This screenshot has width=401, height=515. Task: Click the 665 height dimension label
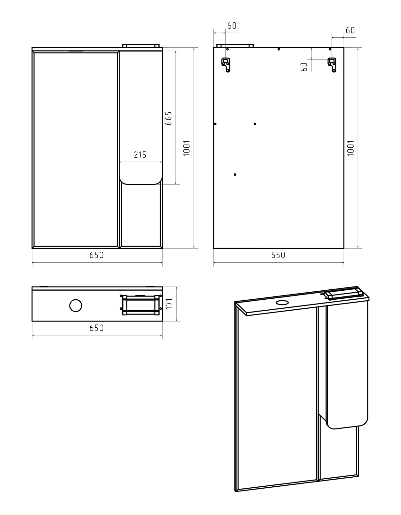(x=168, y=118)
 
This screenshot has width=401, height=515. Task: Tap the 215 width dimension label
(x=140, y=155)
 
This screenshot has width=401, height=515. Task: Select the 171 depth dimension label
(x=169, y=304)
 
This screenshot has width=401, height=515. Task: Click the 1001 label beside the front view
(x=187, y=148)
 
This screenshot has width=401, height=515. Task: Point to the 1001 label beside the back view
(x=351, y=148)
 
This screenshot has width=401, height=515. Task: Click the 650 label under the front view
(x=96, y=255)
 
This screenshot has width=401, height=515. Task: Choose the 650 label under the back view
(x=278, y=255)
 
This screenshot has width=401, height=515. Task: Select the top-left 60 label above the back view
(x=232, y=26)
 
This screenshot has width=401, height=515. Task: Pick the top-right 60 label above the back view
(x=350, y=30)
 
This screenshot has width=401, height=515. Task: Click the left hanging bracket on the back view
(x=226, y=65)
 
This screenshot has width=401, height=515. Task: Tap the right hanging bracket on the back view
(x=332, y=65)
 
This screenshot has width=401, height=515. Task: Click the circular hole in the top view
(x=76, y=306)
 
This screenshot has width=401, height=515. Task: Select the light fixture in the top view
(x=141, y=305)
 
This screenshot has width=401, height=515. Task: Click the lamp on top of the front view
(x=141, y=45)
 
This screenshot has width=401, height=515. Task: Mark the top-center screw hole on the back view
(x=278, y=49)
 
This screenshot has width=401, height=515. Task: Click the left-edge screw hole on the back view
(x=215, y=124)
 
